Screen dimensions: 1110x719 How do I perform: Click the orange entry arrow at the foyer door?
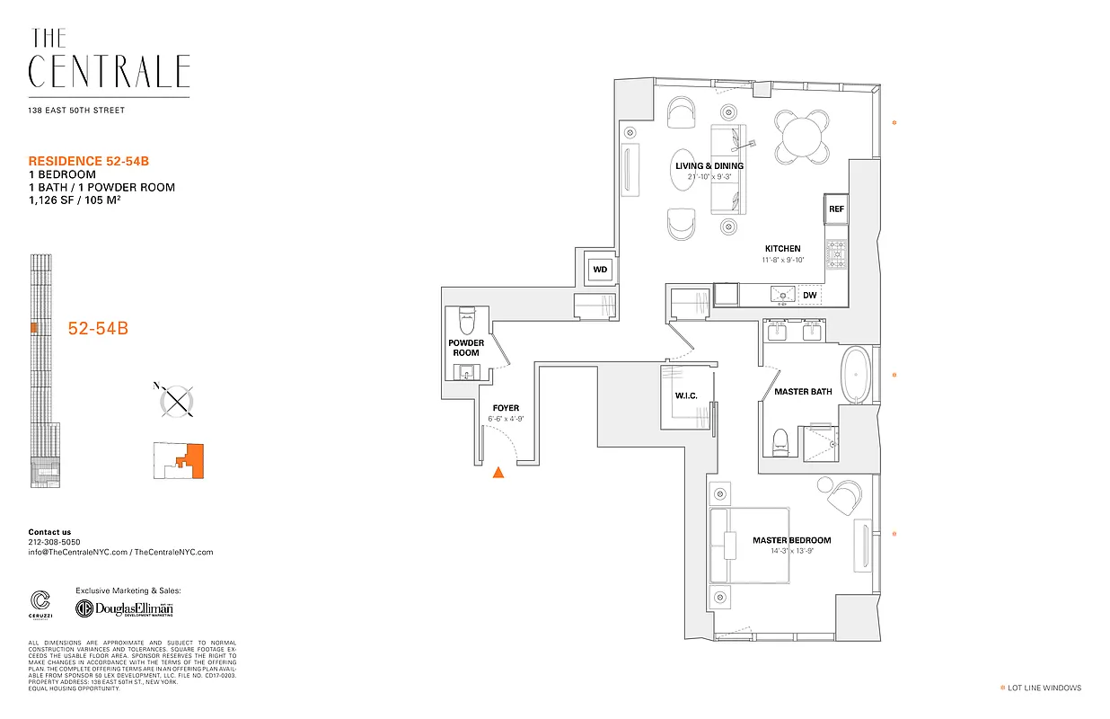tap(498, 473)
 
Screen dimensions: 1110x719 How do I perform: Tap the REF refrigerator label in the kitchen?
tap(836, 209)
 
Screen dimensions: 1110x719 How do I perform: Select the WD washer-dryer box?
tap(599, 269)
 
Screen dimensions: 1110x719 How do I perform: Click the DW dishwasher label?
tap(809, 295)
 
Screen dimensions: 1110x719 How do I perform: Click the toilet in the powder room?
tap(466, 319)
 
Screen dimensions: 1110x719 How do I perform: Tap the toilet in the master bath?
tap(780, 440)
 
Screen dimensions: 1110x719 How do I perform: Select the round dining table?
tap(803, 138)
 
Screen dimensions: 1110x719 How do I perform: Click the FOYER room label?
tap(505, 408)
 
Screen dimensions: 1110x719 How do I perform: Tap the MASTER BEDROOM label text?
tap(791, 540)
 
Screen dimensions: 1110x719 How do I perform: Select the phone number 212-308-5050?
tap(54, 542)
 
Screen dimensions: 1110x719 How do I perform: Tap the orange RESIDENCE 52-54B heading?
tap(88, 161)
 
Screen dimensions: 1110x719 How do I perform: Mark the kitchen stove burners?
tap(837, 254)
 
